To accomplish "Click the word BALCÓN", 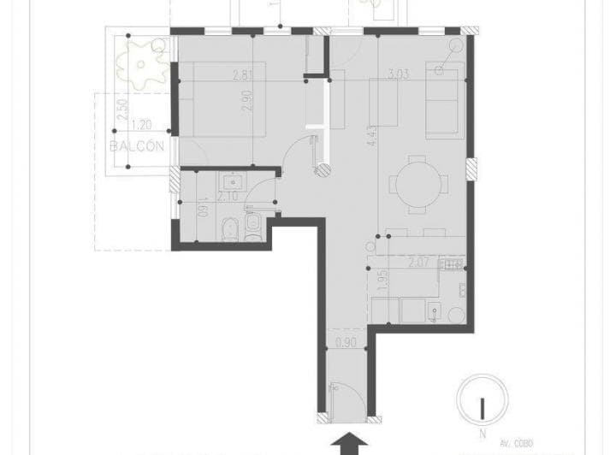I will pyautogui.click(x=137, y=146).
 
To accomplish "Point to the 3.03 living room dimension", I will pyautogui.click(x=398, y=75).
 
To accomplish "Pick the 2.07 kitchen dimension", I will pyautogui.click(x=418, y=263).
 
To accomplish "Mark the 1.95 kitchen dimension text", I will pyautogui.click(x=382, y=281).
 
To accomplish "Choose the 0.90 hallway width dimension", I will pyautogui.click(x=346, y=344).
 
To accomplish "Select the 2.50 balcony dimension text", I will pyautogui.click(x=123, y=111).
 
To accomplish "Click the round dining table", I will pyautogui.click(x=417, y=183).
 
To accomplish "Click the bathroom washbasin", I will pyautogui.click(x=232, y=181).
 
